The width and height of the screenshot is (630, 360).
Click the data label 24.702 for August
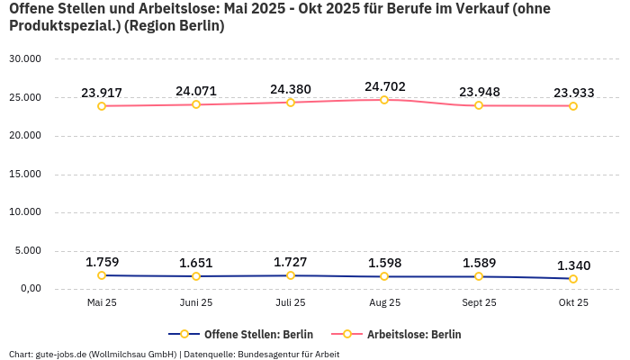click(x=384, y=86)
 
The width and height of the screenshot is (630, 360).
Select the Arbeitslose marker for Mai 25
click(x=102, y=106)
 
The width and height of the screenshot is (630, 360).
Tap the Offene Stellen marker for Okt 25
click(x=573, y=279)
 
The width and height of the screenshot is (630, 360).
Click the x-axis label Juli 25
click(x=290, y=302)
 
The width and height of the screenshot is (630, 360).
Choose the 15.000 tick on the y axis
click(x=24, y=174)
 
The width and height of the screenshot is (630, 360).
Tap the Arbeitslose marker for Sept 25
click(x=479, y=105)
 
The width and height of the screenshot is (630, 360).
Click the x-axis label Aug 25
click(x=384, y=302)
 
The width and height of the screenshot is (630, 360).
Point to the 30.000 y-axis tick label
click(x=24, y=58)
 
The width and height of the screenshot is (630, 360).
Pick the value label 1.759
click(x=102, y=262)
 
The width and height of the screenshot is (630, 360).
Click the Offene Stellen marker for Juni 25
click(x=196, y=276)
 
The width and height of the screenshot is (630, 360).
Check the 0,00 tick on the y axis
click(x=29, y=289)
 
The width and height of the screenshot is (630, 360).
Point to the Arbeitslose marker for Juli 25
click(x=290, y=103)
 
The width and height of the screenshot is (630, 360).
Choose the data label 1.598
click(x=384, y=263)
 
